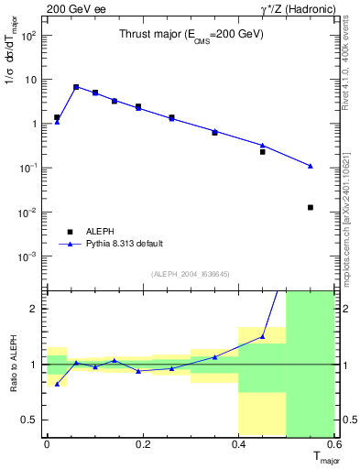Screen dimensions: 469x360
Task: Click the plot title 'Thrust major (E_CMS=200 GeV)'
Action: (191, 34)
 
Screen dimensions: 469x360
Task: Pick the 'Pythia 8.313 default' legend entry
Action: (125, 244)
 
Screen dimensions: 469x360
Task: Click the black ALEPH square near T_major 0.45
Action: (262, 151)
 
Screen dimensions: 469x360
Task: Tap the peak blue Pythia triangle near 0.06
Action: (76, 87)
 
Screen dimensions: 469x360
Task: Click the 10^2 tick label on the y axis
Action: (30, 36)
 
